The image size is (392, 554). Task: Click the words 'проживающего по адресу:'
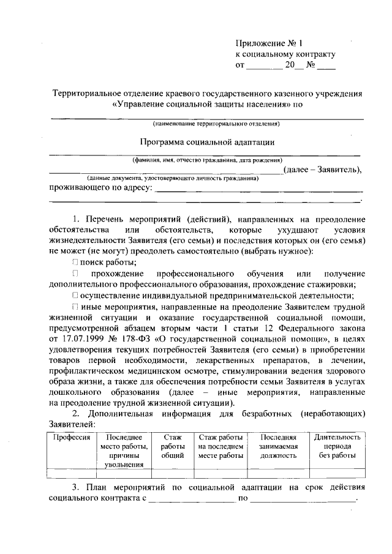(x=100, y=187)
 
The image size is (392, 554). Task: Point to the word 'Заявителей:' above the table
(x=71, y=424)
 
